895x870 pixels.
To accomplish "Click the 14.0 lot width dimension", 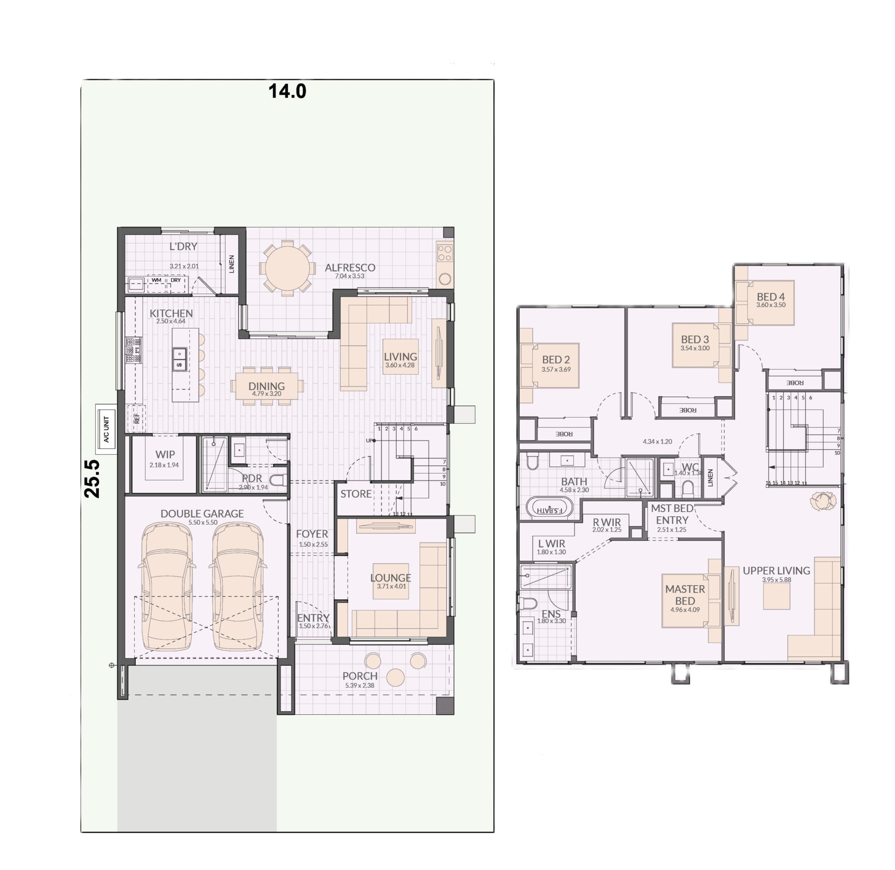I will (x=287, y=91).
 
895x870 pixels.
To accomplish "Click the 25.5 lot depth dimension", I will (x=92, y=479).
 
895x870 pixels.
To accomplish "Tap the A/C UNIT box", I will (x=106, y=429).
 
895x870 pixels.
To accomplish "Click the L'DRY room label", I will (x=183, y=247).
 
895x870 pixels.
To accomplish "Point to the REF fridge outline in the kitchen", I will (x=137, y=419).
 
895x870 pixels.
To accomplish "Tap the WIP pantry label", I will (x=165, y=454).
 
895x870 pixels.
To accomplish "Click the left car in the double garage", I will (x=165, y=586).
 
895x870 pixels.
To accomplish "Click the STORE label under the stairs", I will (x=356, y=494).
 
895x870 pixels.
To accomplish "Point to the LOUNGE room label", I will (x=391, y=578).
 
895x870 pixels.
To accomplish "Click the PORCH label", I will (x=360, y=676).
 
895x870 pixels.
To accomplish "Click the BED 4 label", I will (x=771, y=297).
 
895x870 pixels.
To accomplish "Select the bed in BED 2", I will (x=550, y=366).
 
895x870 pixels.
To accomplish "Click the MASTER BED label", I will (x=685, y=595).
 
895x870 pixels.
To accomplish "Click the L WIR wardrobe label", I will (x=551, y=544).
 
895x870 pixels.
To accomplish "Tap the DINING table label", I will (x=266, y=386).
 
